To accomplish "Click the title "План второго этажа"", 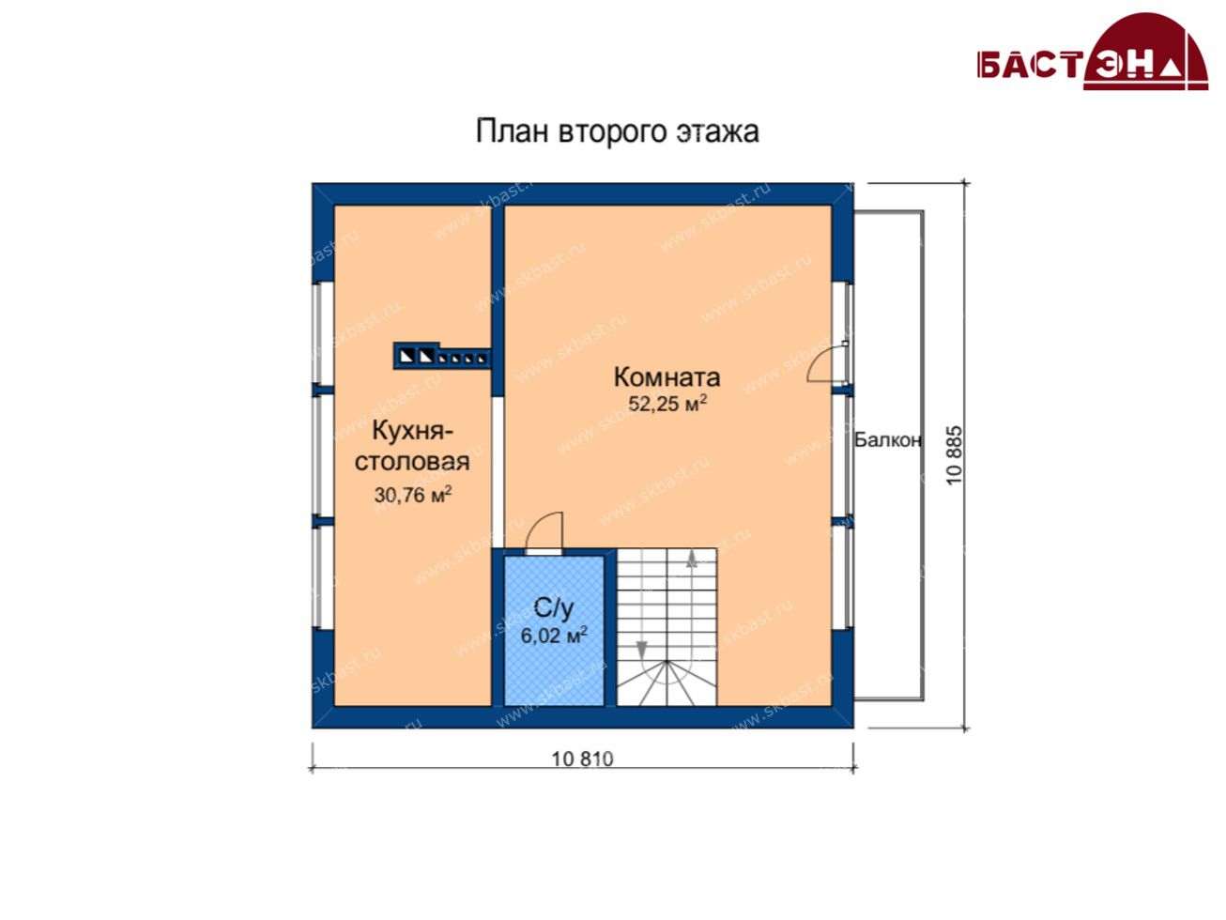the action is click(x=617, y=131).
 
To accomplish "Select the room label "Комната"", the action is click(x=667, y=377).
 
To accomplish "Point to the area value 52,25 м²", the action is click(x=668, y=403).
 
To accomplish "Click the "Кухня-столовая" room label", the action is click(x=412, y=446).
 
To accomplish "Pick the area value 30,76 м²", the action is click(x=413, y=495).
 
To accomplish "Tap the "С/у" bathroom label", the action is click(x=554, y=607).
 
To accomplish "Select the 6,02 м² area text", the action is click(x=554, y=636).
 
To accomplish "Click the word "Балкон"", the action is click(x=888, y=440).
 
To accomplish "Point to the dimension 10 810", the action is click(x=583, y=759).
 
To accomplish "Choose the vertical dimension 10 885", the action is click(x=955, y=455).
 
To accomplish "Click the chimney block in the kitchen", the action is click(x=442, y=356).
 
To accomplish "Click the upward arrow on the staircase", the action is click(x=692, y=559).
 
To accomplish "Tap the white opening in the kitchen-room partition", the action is click(x=498, y=472).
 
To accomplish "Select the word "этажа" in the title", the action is click(x=718, y=132).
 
